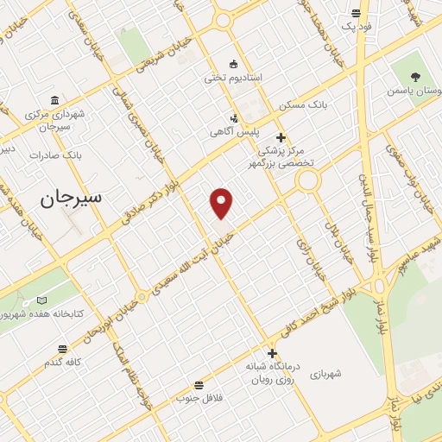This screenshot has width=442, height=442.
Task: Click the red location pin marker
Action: (222, 201)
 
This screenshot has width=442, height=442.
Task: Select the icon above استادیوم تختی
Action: (232, 63)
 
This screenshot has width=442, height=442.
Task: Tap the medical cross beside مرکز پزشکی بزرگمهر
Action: (280, 136)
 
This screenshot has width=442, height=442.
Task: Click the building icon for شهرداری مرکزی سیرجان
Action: (55, 100)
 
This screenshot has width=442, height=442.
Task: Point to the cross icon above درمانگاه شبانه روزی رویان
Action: (272, 353)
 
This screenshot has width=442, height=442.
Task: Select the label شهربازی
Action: (328, 374)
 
